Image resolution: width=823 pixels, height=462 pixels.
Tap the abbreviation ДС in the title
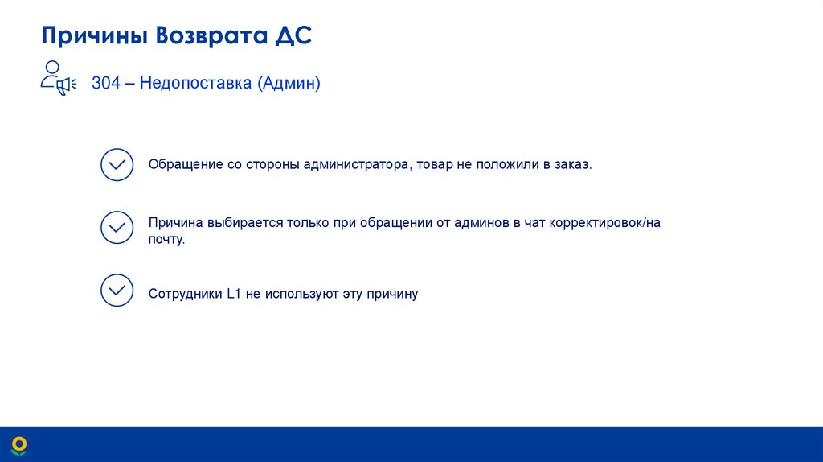click(293, 37)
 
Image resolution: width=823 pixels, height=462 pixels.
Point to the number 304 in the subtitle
click(105, 83)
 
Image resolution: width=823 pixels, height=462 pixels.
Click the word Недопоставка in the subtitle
click(195, 83)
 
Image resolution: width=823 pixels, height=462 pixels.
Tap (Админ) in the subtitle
click(289, 83)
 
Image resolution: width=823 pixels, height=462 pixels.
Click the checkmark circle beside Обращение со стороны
click(117, 164)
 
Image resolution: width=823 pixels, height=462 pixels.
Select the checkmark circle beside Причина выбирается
click(117, 228)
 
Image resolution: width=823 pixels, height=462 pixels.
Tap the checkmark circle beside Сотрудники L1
click(117, 290)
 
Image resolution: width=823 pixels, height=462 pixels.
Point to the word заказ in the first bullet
click(572, 164)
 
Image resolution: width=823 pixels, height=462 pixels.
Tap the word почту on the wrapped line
click(166, 239)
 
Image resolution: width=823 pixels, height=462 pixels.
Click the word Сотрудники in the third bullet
click(185, 294)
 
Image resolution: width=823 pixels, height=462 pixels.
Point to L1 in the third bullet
click(234, 294)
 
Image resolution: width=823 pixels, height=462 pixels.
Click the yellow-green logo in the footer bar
click(19, 443)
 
